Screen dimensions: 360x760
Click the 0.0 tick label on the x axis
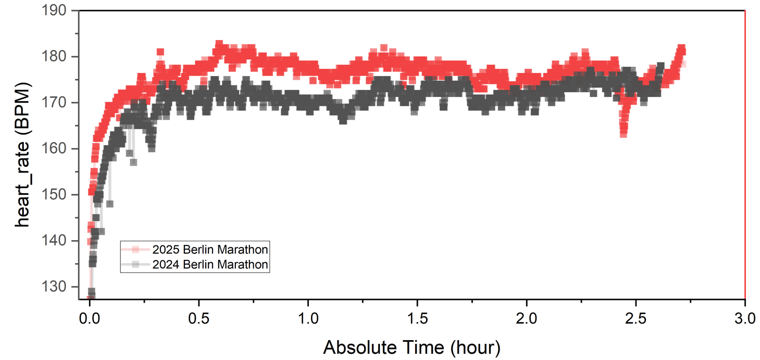pyautogui.click(x=89, y=318)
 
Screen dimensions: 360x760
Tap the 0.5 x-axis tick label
pyautogui.click(x=198, y=318)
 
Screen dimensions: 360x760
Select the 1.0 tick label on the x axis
pyautogui.click(x=308, y=318)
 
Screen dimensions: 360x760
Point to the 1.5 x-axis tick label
pyautogui.click(x=417, y=318)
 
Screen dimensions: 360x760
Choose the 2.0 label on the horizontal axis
pyautogui.click(x=527, y=318)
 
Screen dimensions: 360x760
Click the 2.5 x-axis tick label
pyautogui.click(x=636, y=318)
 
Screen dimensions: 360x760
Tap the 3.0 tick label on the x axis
pyautogui.click(x=745, y=318)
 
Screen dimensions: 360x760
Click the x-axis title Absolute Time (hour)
pyautogui.click(x=412, y=346)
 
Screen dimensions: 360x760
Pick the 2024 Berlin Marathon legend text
pyautogui.click(x=210, y=265)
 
